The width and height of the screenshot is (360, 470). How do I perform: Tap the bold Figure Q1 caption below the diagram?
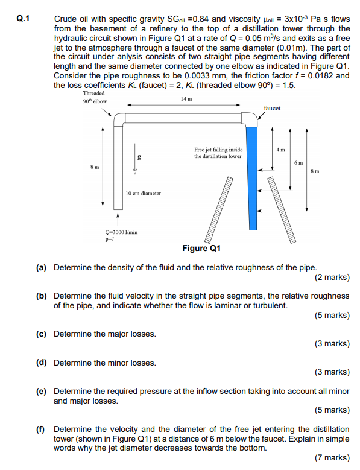click(201, 248)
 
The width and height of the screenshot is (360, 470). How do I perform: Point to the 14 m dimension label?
click(186, 98)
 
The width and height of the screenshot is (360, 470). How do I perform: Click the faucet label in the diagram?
click(272, 107)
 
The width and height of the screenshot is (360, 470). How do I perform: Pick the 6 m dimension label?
click(298, 164)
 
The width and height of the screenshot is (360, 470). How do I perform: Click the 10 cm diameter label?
click(143, 194)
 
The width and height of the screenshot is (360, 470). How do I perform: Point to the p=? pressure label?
click(110, 238)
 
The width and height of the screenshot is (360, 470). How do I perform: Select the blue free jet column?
click(253, 175)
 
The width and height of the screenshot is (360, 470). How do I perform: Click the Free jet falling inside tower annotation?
click(218, 153)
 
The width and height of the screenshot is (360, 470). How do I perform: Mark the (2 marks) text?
click(332, 278)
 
